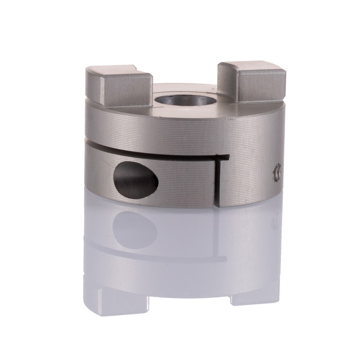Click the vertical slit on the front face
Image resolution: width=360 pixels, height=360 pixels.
tap(218, 180)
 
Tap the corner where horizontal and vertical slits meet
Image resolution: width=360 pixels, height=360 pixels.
tap(219, 157)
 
